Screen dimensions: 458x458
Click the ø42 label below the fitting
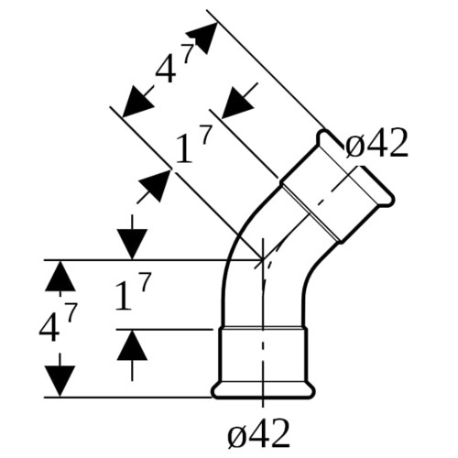coord(258,433)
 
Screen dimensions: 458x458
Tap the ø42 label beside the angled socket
coord(376,143)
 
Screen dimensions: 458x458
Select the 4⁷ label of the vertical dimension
coord(58,323)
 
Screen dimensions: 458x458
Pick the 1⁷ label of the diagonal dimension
coord(193,145)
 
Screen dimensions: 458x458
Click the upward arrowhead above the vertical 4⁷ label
coord(60,276)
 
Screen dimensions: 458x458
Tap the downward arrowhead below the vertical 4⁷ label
coord(60,381)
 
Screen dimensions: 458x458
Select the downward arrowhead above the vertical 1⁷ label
coord(132,245)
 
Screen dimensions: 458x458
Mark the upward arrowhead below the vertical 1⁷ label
coord(132,345)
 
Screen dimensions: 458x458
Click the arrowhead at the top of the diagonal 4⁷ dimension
coord(202,38)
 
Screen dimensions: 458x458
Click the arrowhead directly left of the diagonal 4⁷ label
coord(137,102)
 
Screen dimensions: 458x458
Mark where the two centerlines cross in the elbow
coord(263,260)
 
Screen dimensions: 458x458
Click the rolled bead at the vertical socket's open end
coord(263,390)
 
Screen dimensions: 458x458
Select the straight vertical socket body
coord(263,354)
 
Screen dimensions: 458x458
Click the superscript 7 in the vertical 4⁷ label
coord(71,313)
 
